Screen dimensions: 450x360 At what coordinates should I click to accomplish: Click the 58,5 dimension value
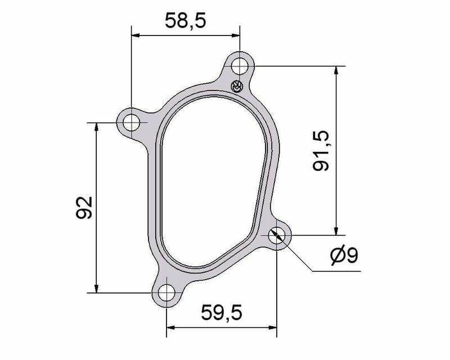tap(186, 21)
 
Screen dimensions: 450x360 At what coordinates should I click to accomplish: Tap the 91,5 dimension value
tap(321, 151)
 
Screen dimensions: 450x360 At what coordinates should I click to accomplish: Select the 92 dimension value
tap(84, 208)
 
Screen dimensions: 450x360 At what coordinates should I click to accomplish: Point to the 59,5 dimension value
tap(222, 313)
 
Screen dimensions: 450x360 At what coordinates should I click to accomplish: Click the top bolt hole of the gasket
tap(240, 66)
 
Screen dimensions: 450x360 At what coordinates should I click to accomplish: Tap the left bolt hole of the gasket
tap(131, 123)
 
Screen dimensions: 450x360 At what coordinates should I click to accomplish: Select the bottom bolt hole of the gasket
tap(166, 293)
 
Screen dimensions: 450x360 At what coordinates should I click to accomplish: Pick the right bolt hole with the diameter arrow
tap(277, 235)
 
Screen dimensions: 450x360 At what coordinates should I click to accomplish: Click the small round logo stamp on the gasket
tap(237, 86)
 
